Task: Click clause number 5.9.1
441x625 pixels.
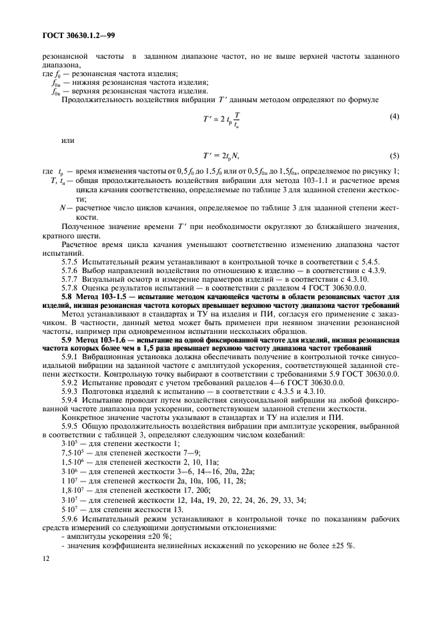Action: click(71, 359)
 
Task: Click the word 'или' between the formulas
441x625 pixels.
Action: click(67, 140)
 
